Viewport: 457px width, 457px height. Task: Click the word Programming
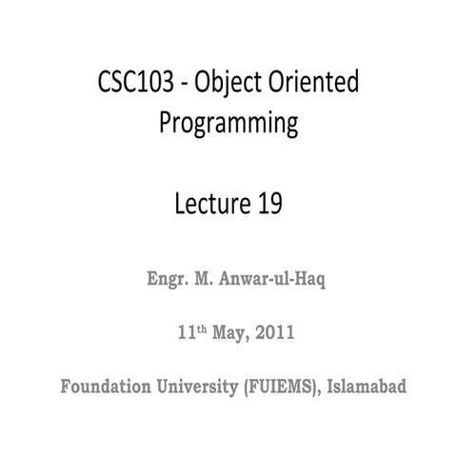[228, 124]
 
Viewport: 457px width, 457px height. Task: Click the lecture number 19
[270, 204]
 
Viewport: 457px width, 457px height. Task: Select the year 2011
[274, 334]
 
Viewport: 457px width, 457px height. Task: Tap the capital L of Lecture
[183, 204]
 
